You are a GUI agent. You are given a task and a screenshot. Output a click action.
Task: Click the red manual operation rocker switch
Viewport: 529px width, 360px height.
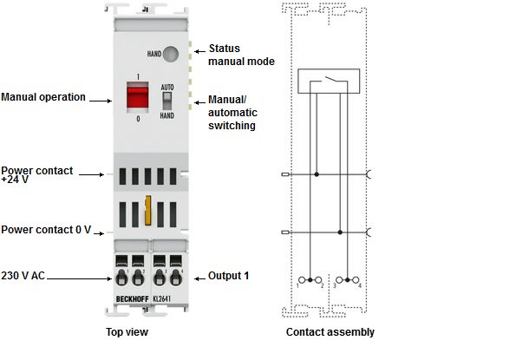point(137,97)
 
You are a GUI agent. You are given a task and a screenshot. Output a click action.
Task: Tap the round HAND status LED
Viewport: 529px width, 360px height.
point(170,54)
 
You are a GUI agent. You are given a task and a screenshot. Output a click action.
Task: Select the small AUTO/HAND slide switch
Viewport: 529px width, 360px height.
point(167,101)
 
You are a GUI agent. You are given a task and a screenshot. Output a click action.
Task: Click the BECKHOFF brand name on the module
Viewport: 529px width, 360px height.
point(132,299)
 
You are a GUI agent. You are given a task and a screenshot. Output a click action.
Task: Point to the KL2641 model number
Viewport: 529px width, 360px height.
point(162,299)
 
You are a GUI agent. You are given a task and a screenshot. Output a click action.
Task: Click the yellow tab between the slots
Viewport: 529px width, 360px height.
point(147,210)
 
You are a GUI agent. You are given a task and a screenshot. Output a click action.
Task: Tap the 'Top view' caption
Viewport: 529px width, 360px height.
point(127,332)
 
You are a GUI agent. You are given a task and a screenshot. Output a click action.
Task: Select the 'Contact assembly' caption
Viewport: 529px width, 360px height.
point(330,332)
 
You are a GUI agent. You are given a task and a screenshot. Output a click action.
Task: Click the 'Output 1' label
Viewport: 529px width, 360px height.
point(228,276)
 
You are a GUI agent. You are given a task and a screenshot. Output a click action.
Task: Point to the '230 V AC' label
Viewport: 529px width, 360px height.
point(23,276)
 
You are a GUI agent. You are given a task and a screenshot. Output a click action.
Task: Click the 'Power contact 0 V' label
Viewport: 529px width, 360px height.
point(46,230)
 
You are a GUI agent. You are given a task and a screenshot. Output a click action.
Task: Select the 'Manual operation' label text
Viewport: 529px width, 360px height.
point(43,97)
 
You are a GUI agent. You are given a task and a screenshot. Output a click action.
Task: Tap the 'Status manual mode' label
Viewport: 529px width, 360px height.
point(241,55)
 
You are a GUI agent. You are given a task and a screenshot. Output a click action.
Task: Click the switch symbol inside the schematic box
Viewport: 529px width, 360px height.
point(329,81)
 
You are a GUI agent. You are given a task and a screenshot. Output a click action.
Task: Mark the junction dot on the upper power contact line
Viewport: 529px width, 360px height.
point(317,174)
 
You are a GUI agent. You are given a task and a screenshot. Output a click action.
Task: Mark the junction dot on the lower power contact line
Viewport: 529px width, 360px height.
point(340,232)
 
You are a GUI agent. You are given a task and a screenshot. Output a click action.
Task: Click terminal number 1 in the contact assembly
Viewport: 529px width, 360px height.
point(297,286)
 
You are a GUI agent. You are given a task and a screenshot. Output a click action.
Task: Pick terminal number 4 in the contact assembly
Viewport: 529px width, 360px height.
point(360,285)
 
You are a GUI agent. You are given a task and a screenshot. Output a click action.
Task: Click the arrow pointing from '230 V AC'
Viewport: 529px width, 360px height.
point(79,278)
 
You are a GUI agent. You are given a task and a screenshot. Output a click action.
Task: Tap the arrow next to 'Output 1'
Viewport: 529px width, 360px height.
point(199,278)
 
